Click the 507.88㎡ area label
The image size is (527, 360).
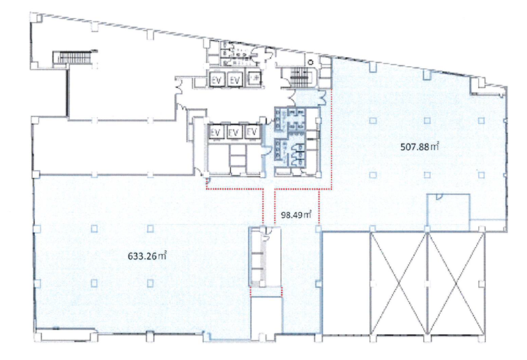tap(420, 147)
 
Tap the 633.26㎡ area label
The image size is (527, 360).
tap(147, 256)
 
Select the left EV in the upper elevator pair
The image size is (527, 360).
tap(217, 80)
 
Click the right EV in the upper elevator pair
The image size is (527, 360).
tap(235, 80)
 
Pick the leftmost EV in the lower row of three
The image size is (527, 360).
tap(215, 133)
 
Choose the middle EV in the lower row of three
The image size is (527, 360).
tap(234, 133)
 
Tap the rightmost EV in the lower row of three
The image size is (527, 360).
tap(252, 132)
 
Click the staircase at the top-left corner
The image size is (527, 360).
tap(73, 57)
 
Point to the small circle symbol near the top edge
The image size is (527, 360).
tap(311, 62)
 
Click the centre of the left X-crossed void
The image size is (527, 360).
tap(399, 284)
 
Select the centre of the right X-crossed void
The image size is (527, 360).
tap(456, 284)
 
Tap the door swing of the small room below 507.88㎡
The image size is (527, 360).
tap(439, 197)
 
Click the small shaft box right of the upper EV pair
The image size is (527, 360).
tap(254, 79)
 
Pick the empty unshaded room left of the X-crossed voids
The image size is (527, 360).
tap(346, 283)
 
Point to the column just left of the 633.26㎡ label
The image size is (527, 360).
tap(94, 229)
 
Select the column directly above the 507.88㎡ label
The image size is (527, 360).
tap(427, 121)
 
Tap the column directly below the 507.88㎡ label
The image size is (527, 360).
tap(427, 175)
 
